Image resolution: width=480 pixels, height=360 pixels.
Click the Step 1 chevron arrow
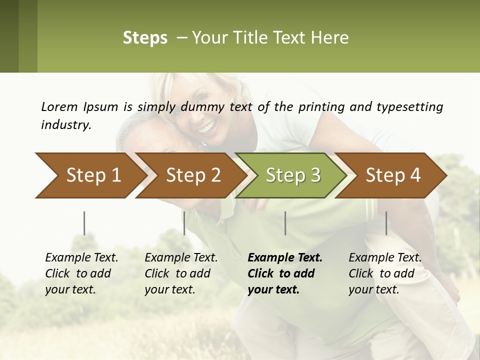90,175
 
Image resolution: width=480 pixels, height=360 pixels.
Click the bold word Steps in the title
145,38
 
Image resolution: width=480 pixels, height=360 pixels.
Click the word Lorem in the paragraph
59,106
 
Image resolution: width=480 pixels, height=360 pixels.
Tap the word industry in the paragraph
65,124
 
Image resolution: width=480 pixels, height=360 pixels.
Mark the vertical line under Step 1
84,223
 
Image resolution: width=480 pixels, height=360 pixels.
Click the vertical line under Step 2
184,223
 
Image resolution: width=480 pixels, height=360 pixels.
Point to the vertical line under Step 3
285,223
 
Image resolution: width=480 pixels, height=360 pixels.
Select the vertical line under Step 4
386,223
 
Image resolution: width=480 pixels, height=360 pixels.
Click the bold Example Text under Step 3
285,258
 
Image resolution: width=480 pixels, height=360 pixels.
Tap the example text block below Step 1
81,273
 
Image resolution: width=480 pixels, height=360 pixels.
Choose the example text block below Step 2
181,273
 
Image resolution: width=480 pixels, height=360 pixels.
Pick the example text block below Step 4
385,273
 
